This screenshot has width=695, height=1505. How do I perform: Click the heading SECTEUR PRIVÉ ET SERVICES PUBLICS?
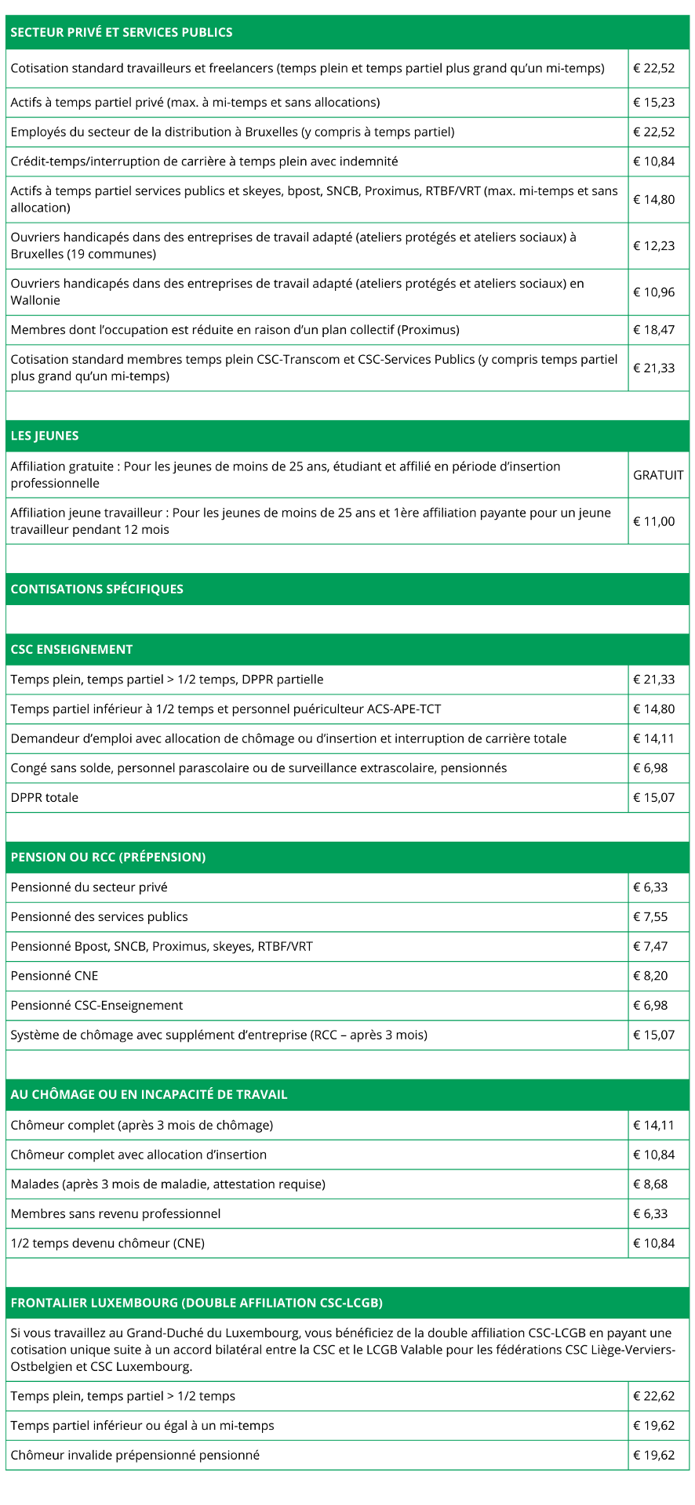[122, 32]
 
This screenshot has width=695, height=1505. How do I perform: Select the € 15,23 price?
[654, 102]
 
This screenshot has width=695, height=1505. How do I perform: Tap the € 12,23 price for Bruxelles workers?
[654, 245]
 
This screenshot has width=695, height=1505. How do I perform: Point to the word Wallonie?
[35, 300]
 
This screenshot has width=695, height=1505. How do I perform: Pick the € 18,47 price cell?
[654, 329]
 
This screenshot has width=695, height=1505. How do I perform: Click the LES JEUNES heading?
[45, 436]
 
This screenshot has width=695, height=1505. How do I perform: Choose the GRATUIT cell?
[658, 475]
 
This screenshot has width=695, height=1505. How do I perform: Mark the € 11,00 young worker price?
[654, 521]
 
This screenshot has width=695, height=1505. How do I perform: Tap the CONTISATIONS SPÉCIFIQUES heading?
[96, 589]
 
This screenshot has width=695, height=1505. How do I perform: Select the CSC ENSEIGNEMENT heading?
[71, 649]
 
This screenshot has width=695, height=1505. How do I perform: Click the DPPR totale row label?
[45, 797]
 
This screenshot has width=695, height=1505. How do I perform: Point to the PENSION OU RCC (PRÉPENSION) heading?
[108, 857]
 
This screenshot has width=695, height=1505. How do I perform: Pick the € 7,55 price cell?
[651, 916]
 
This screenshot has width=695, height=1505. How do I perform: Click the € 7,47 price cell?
[651, 946]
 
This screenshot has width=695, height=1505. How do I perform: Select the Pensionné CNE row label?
[55, 976]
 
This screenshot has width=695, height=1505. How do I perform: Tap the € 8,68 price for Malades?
[651, 1184]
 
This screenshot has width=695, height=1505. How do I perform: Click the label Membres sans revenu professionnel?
[116, 1213]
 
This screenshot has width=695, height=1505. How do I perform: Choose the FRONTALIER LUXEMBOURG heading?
[196, 1303]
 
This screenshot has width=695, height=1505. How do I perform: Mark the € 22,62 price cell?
[654, 1396]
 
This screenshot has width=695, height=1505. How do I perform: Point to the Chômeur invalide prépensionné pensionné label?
[135, 1455]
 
